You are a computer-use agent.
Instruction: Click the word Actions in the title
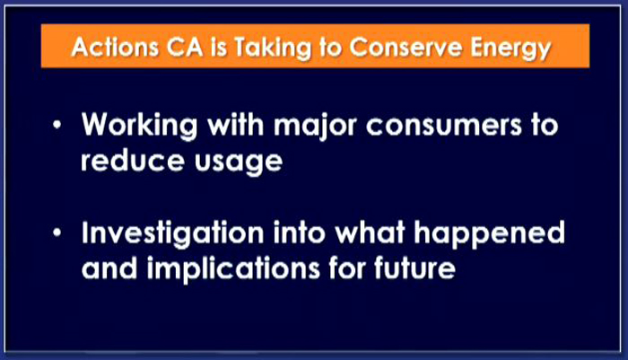[x=115, y=48]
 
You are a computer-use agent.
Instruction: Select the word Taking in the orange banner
[x=273, y=48]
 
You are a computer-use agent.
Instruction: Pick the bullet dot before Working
[x=57, y=125]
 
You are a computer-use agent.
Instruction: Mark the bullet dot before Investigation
[x=57, y=233]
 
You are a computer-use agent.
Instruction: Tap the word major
[x=315, y=127]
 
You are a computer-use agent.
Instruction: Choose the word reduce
[x=133, y=160]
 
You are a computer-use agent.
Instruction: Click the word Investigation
[x=172, y=234]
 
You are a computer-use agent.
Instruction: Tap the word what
[x=370, y=232]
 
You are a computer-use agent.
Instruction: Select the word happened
[x=490, y=234]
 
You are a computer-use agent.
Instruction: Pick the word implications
[x=233, y=268]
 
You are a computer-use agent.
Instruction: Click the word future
[x=414, y=268]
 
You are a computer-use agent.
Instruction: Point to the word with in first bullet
[x=235, y=124]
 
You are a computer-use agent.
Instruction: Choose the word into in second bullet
[x=299, y=232]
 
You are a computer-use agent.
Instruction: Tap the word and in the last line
[x=109, y=268]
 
